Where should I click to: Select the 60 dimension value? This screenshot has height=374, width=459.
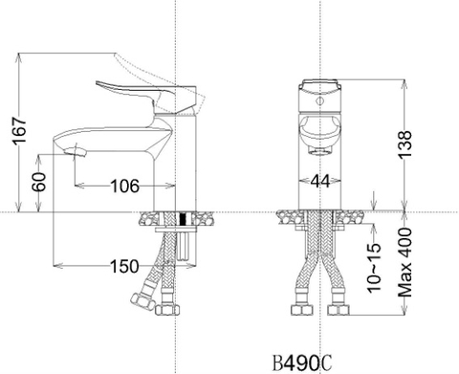(38, 183)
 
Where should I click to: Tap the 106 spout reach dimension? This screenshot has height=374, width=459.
(121, 185)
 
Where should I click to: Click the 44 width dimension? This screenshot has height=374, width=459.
(319, 180)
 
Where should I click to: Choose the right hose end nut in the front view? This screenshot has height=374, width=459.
(337, 311)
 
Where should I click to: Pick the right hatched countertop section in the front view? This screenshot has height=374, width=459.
(352, 219)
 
